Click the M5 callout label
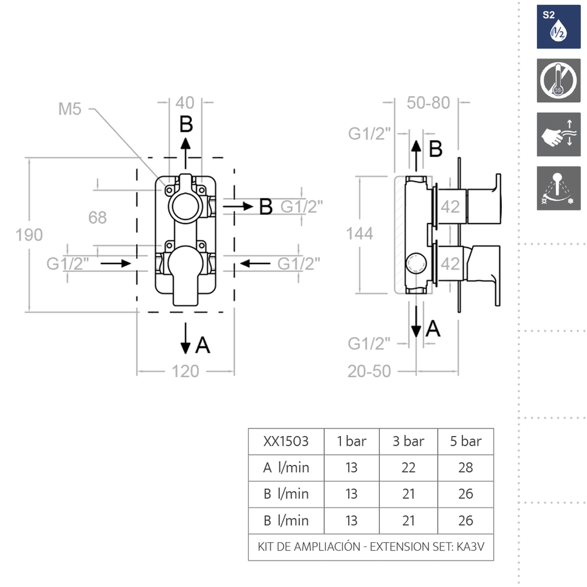click(x=70, y=109)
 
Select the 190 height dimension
click(x=29, y=235)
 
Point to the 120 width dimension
click(x=185, y=372)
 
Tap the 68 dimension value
click(x=97, y=218)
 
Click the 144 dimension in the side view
click(x=359, y=234)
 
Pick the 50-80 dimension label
click(x=429, y=103)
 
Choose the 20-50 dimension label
click(x=369, y=372)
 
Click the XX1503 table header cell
click(x=286, y=441)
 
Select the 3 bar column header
click(x=408, y=441)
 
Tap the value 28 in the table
click(x=465, y=468)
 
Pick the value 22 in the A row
click(x=408, y=468)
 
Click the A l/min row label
click(x=286, y=468)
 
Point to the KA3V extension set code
click(x=470, y=547)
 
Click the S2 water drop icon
click(x=559, y=27)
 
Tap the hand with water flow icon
click(x=559, y=134)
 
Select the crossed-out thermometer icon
click(x=559, y=80)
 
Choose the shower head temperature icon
click(x=559, y=188)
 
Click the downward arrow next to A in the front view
click(x=185, y=339)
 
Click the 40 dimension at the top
click(x=185, y=103)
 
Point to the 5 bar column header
click(x=465, y=441)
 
